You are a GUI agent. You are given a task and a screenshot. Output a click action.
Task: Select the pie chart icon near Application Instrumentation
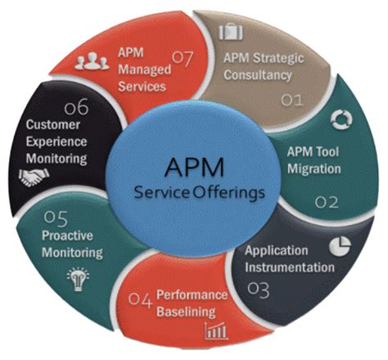point(341,245)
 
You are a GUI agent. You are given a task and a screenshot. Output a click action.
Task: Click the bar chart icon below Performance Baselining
point(215,331)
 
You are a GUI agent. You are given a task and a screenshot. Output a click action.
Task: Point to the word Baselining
point(186,312)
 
